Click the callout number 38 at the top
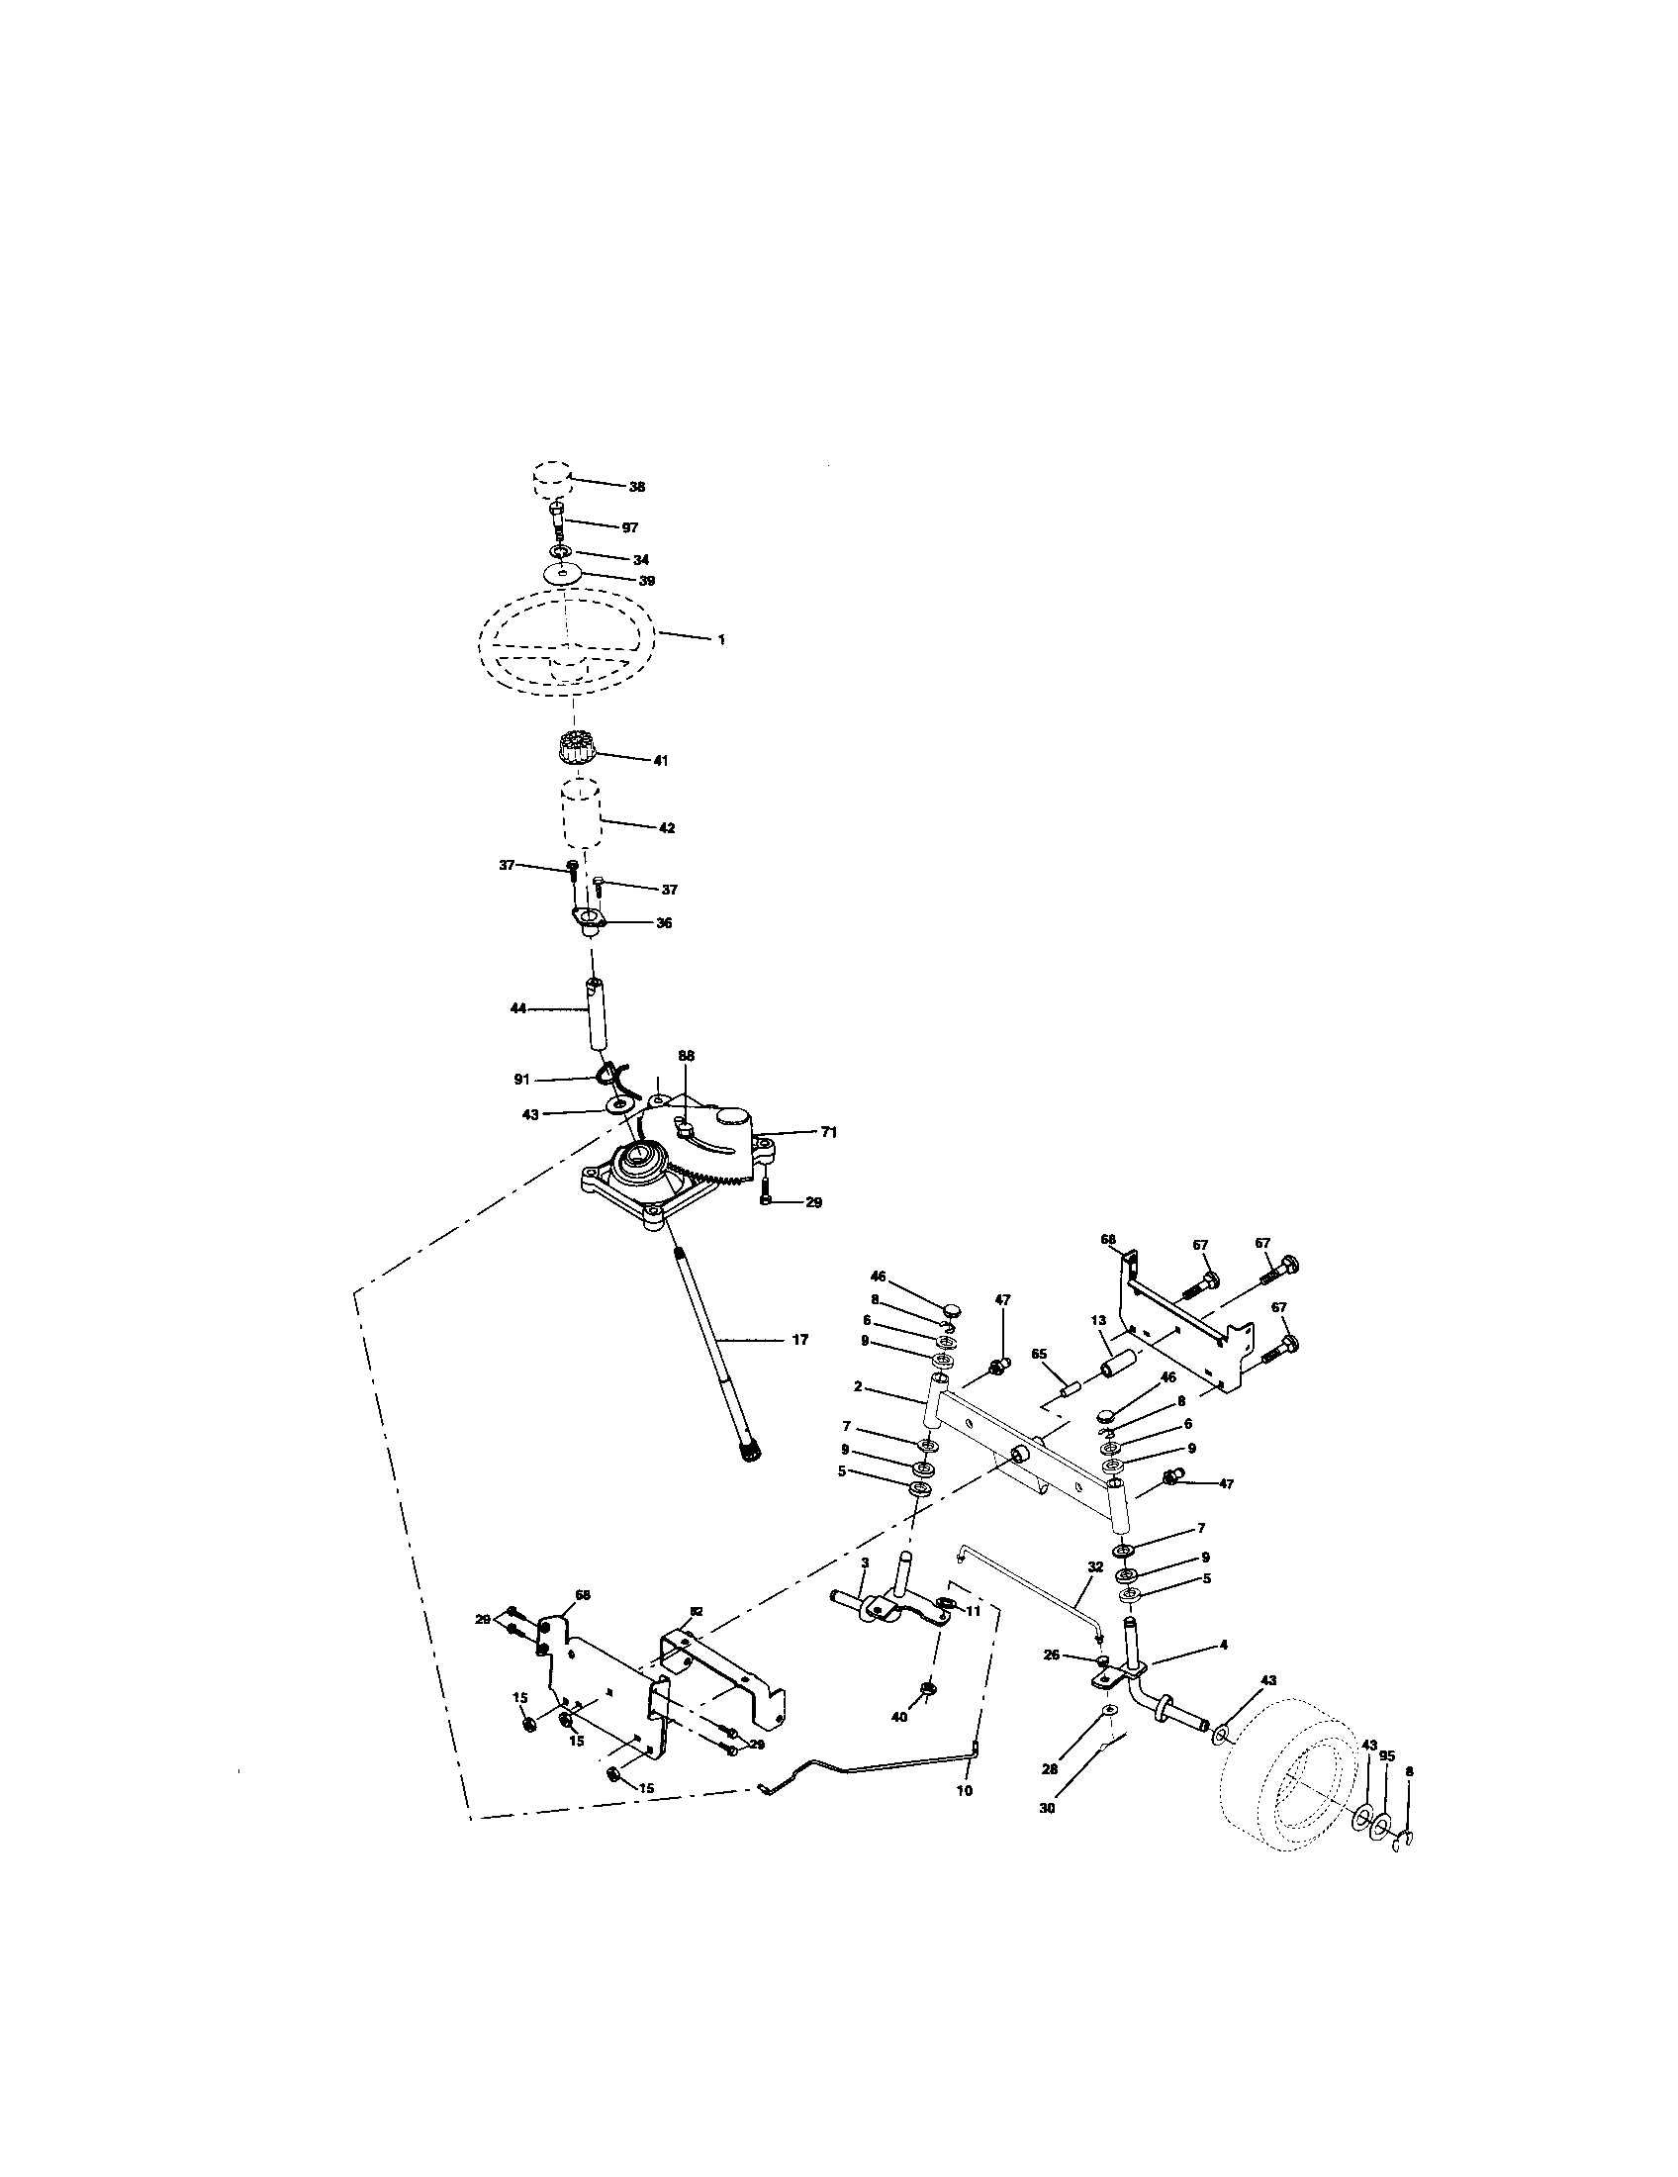coord(636,487)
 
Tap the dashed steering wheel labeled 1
coord(566,638)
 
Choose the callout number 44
coord(519,1009)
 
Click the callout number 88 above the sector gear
coord(686,1055)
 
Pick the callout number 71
coord(828,1132)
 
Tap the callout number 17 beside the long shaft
coord(799,1341)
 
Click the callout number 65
coord(1039,1355)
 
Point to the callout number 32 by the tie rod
coord(1095,1567)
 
